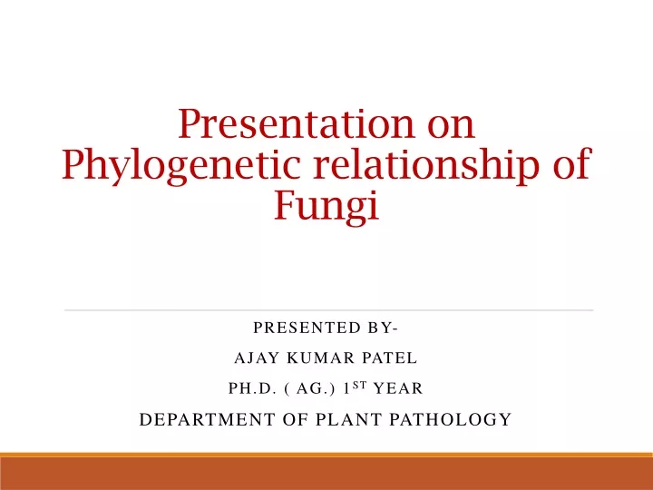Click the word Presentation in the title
[x=296, y=123]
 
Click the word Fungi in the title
[x=326, y=206]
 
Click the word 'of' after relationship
[x=572, y=162]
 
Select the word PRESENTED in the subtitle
[x=307, y=328]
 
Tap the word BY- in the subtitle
[x=383, y=328]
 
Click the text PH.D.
[x=252, y=388]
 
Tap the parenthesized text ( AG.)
[x=310, y=388]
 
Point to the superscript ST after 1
[x=359, y=385]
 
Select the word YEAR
[x=398, y=388]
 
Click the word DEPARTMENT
[x=208, y=419]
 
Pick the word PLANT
[x=348, y=419]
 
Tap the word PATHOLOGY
[x=451, y=419]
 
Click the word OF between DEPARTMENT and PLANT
[x=296, y=419]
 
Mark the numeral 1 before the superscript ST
[x=346, y=388]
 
